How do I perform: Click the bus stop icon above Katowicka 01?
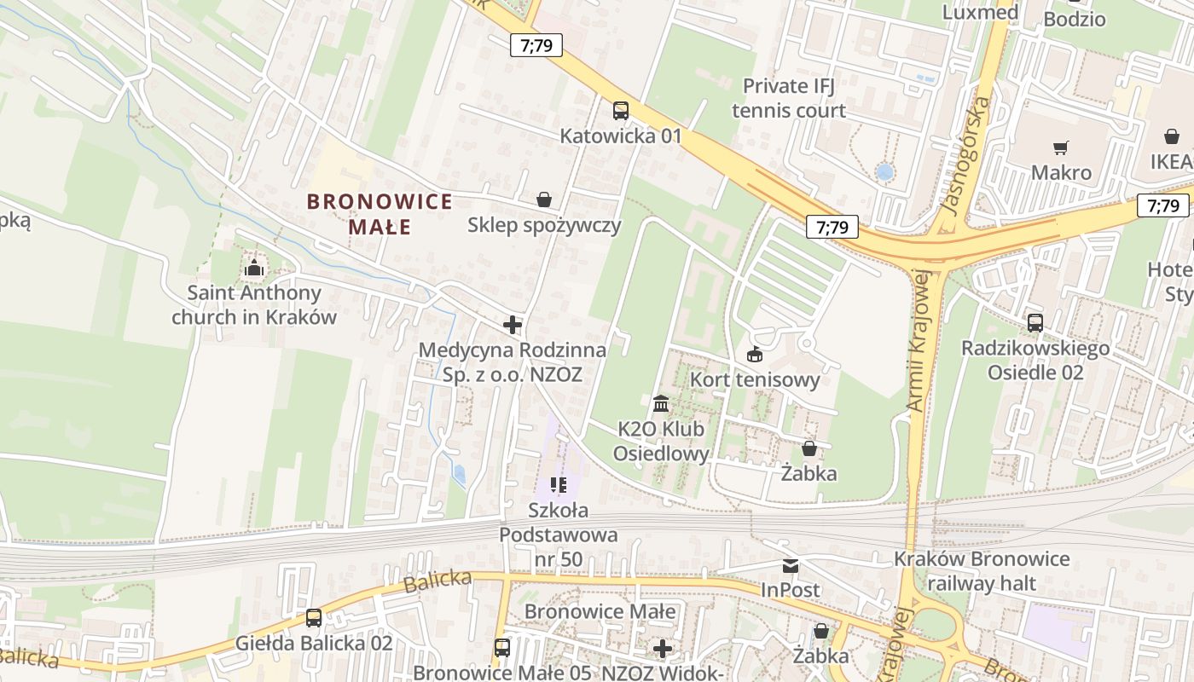(x=620, y=110)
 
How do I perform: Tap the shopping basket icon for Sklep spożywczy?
(x=544, y=199)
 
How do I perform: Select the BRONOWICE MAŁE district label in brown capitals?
(x=380, y=214)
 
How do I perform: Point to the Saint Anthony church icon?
(x=254, y=269)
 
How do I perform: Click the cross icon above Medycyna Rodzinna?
(x=513, y=325)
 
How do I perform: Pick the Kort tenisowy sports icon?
(x=755, y=354)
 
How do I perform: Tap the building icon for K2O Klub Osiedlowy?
(x=661, y=402)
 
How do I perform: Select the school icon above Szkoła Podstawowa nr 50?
(x=559, y=485)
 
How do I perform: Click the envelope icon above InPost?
(x=791, y=565)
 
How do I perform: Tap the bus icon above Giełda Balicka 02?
(x=314, y=618)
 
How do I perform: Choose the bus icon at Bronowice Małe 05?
(x=502, y=648)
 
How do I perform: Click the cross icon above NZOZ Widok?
(x=663, y=649)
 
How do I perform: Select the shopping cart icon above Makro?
(x=1061, y=148)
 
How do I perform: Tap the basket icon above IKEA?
(x=1172, y=136)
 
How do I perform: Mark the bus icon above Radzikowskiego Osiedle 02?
(x=1035, y=323)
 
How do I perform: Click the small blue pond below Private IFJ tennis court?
(x=885, y=172)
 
